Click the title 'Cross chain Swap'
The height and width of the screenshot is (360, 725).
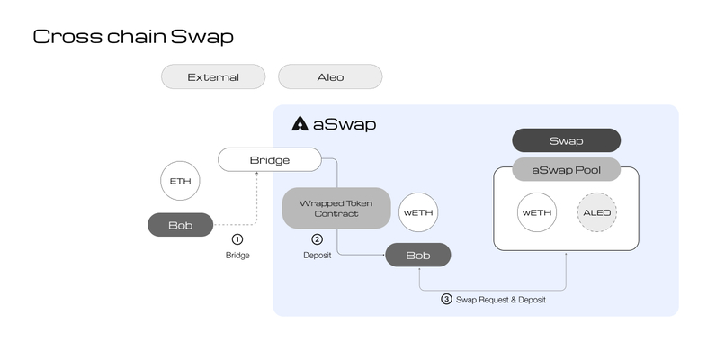coord(133,37)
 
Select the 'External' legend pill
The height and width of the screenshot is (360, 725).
coord(213,77)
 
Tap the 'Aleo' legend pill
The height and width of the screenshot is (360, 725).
coord(330,77)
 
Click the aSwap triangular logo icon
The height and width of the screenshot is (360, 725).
coord(300,124)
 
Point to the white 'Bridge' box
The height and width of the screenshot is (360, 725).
coord(269,160)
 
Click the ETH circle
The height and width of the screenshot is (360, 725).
coord(181,181)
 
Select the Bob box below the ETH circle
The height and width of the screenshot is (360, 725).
coord(181,225)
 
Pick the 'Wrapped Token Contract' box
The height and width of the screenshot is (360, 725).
coord(336,208)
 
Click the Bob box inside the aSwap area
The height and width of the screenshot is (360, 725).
coord(417,256)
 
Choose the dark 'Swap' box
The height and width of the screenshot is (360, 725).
coord(566,141)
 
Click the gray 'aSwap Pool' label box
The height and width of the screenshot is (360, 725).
coord(566,168)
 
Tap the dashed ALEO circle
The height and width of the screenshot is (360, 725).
coord(598,213)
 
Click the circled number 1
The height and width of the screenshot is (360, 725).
coord(237,239)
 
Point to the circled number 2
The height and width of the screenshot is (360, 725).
coord(317,239)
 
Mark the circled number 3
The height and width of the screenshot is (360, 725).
coord(446,300)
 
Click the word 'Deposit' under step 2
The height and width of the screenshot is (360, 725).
coord(317,256)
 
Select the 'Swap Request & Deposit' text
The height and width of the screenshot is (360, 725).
coord(501,300)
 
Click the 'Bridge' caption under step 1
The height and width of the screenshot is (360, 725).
coord(237,256)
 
